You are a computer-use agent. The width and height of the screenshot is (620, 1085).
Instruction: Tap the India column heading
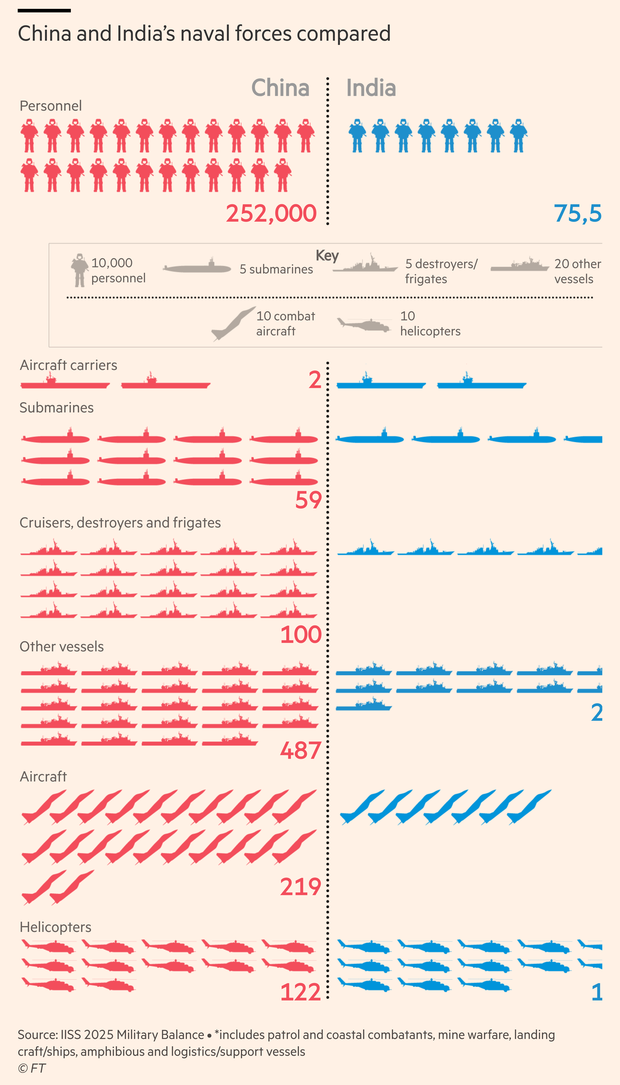pyautogui.click(x=371, y=88)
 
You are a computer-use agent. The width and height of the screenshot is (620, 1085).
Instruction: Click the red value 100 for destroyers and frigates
pyautogui.click(x=301, y=634)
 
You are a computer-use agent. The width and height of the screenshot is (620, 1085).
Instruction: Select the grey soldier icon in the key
pyautogui.click(x=79, y=270)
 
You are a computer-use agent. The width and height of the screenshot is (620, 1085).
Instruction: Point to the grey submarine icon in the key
pyautogui.click(x=197, y=267)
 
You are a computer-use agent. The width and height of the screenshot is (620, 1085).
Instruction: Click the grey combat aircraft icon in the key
pyautogui.click(x=233, y=323)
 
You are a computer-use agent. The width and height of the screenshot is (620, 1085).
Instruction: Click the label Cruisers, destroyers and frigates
pyautogui.click(x=120, y=523)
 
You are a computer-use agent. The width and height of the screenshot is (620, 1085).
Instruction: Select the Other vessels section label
pyautogui.click(x=62, y=646)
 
